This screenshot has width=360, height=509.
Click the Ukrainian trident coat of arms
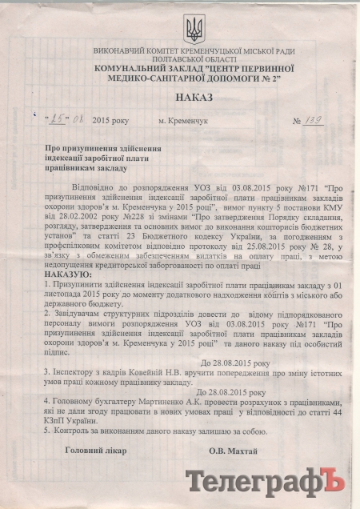click(194, 30)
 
